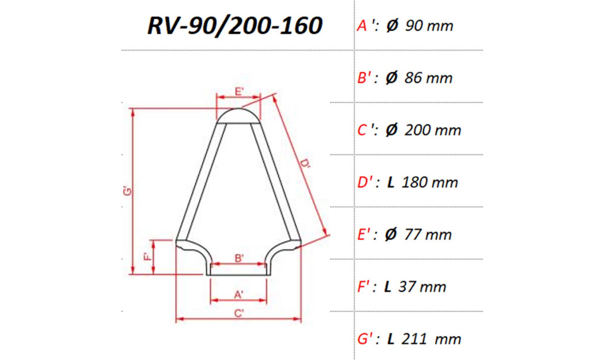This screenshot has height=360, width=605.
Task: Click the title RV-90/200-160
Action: tap(234, 26)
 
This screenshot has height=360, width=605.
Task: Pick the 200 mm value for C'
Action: tap(433, 130)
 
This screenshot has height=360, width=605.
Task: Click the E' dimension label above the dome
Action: tap(239, 91)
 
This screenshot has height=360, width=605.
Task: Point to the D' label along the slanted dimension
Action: tap(305, 165)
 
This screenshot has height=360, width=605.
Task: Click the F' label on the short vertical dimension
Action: tap(147, 257)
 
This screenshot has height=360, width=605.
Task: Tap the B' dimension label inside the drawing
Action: tap(239, 258)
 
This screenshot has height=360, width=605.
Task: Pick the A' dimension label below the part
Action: tap(239, 294)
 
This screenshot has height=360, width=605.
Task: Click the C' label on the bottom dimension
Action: tap(239, 313)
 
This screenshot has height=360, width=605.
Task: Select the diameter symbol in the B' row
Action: tap(391, 78)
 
